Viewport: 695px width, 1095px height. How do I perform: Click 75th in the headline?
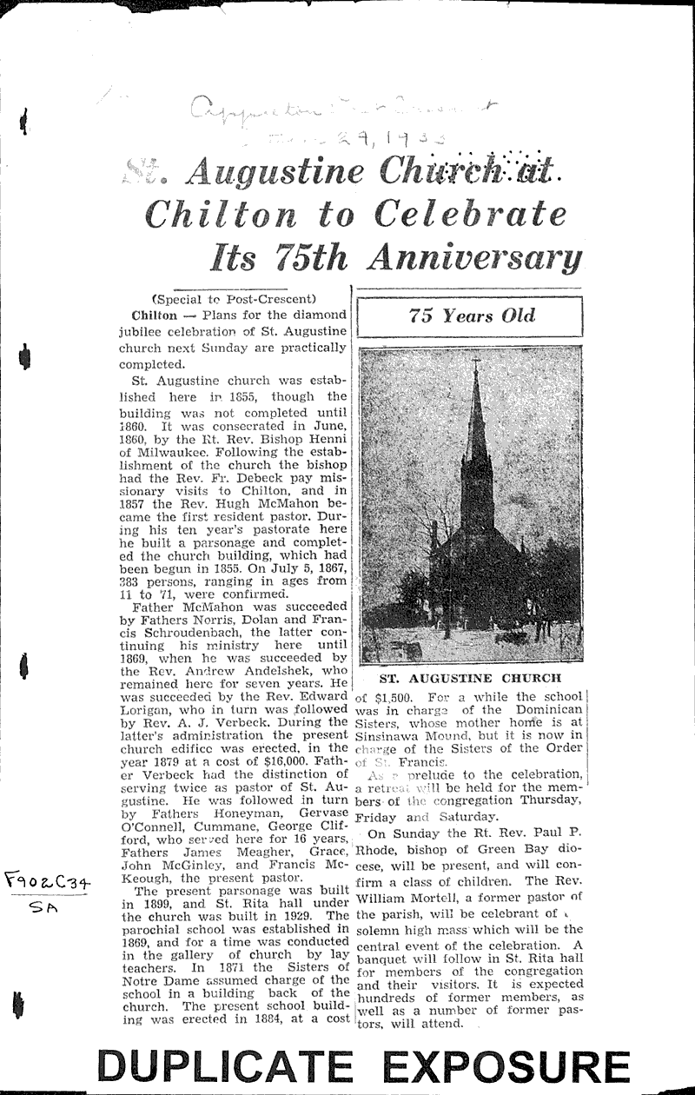click(x=311, y=256)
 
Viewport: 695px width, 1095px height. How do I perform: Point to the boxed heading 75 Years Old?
click(x=472, y=316)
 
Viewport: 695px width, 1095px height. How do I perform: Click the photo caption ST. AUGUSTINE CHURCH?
click(x=470, y=678)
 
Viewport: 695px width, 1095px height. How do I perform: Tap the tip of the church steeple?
click(x=475, y=361)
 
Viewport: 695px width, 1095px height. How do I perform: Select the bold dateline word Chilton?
click(x=155, y=315)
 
